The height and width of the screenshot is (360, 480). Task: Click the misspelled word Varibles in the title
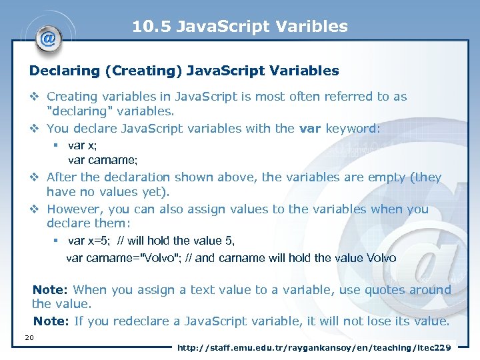pos(316,27)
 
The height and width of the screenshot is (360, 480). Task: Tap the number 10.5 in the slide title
pos(147,27)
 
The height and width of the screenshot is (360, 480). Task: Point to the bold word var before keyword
pos(311,128)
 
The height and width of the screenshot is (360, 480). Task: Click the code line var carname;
pos(103,160)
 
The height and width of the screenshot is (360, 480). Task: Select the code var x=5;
pos(90,241)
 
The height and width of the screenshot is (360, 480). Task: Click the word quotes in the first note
pos(367,290)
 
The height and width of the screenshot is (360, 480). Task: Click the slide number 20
pos(29,337)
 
